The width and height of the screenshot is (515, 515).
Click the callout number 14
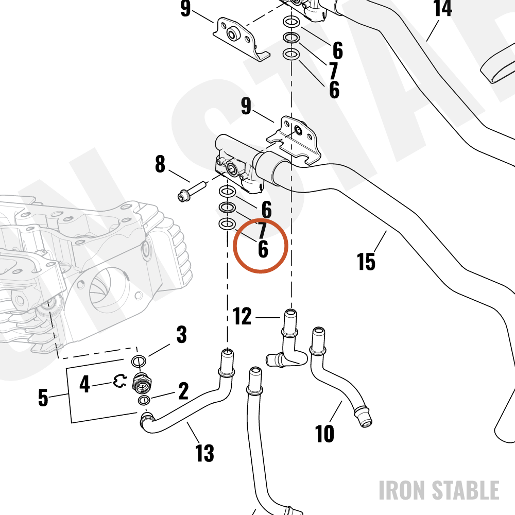(443, 8)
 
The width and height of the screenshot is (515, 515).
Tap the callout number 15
(366, 262)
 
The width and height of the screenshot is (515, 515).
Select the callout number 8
(160, 164)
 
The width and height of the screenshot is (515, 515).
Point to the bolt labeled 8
(192, 192)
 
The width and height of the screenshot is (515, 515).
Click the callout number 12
(242, 316)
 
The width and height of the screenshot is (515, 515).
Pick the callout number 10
(324, 434)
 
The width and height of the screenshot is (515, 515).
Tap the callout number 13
(204, 453)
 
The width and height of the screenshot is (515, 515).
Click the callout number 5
(43, 398)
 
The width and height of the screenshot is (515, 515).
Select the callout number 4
(84, 384)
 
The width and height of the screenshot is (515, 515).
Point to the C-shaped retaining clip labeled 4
(119, 381)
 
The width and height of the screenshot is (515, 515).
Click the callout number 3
(182, 334)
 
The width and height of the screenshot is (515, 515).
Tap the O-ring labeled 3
(139, 362)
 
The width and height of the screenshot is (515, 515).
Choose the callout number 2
(183, 391)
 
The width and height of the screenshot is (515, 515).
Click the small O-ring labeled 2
(144, 400)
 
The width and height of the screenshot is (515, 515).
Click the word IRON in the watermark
(402, 490)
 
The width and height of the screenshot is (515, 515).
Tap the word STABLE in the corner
(465, 490)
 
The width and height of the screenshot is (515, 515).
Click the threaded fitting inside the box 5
(142, 383)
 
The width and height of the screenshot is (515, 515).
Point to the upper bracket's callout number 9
(185, 8)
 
